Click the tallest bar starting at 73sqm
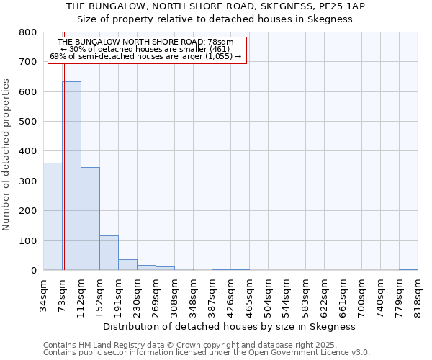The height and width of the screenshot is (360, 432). (71, 176)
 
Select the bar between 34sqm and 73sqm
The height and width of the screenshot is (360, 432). (53, 216)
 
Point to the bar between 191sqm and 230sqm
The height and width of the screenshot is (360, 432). (127, 264)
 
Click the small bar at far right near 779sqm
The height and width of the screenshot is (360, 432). (408, 269)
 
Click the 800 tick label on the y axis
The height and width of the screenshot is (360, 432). (28, 32)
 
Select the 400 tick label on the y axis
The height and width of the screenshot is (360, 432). (28, 151)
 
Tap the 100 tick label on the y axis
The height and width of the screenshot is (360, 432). (28, 240)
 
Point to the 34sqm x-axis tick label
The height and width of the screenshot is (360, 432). (43, 294)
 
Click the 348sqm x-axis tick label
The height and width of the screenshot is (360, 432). (193, 294)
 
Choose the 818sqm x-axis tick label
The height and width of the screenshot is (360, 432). (418, 294)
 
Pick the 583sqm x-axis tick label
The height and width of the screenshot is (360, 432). (305, 294)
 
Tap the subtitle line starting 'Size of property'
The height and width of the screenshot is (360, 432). (230, 19)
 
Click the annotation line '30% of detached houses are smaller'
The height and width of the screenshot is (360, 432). (147, 49)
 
